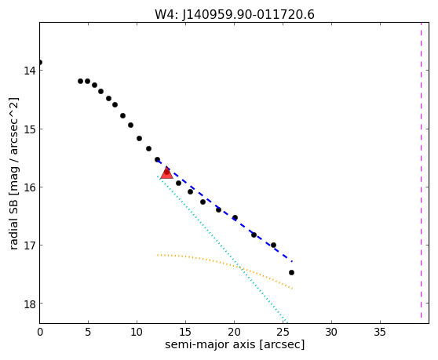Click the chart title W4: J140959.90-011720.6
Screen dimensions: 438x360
pos(235,14)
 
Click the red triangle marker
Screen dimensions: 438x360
pos(166,173)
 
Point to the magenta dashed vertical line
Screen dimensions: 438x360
pos(421,170)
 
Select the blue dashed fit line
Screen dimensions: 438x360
pos(224,211)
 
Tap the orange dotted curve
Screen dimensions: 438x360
pos(224,262)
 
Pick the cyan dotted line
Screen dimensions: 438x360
pos(222,249)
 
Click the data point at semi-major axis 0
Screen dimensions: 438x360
pos(40,62)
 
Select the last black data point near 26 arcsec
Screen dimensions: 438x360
pos(291,272)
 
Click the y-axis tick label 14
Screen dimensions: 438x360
pos(30,71)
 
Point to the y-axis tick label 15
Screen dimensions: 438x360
pos(30,129)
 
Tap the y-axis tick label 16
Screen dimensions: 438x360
pos(30,187)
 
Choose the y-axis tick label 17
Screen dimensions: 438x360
pos(30,245)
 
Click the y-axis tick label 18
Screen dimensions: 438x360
pos(30,304)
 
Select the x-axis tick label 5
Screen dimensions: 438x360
pos(88,332)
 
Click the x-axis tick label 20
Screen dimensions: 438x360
pos(234,332)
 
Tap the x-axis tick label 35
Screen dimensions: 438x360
pos(380,332)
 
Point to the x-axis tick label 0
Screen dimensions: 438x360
pos(40,332)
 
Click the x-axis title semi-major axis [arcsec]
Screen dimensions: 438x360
pos(235,344)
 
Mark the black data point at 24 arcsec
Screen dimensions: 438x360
pos(273,245)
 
